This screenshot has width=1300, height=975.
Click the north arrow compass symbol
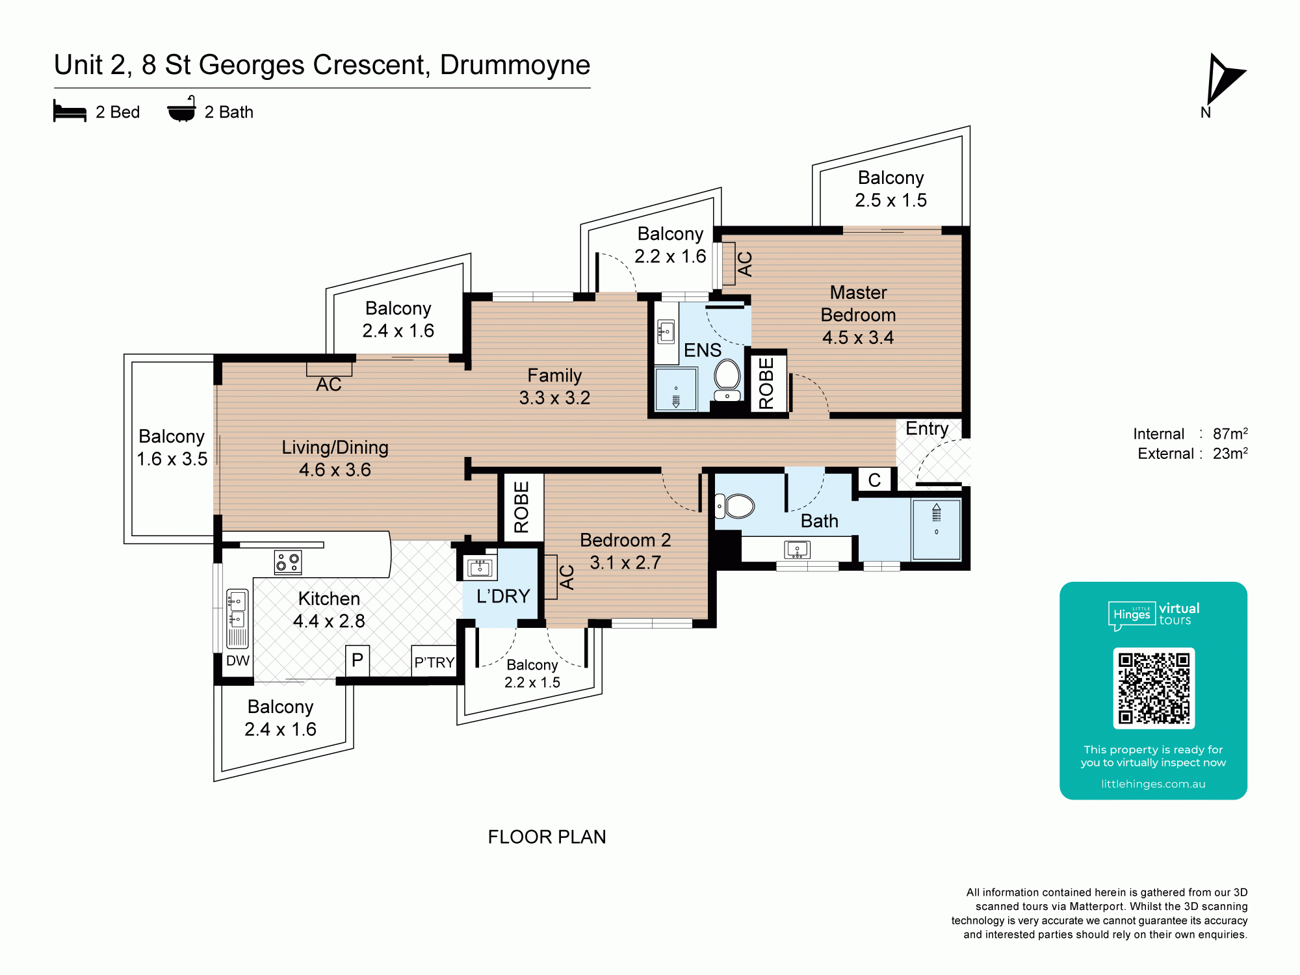coord(1225,79)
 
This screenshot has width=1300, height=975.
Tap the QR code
coord(1154,688)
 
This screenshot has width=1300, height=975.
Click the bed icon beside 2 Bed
coord(70,111)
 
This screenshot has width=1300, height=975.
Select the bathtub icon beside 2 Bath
coord(181,109)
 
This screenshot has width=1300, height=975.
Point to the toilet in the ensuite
coord(727,382)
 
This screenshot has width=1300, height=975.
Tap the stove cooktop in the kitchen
coord(288,562)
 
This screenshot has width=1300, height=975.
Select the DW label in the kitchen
coord(238,661)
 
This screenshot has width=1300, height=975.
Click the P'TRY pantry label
coord(434,662)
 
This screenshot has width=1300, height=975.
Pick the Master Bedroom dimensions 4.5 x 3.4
coord(858,337)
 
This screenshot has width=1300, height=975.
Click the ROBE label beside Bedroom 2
coord(521,507)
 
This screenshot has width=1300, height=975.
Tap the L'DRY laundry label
coord(503,596)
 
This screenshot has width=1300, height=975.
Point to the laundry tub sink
coord(480,567)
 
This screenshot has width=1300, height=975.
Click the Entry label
coord(927,428)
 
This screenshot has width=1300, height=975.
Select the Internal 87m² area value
coord(1230,434)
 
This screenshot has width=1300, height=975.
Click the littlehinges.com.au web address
coord(1153,784)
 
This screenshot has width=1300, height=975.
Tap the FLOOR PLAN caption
coord(547,837)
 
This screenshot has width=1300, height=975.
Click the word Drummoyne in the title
coord(515,65)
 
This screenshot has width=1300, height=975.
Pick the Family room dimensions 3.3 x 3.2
coord(554,398)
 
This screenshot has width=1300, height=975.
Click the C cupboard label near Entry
coord(874,480)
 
